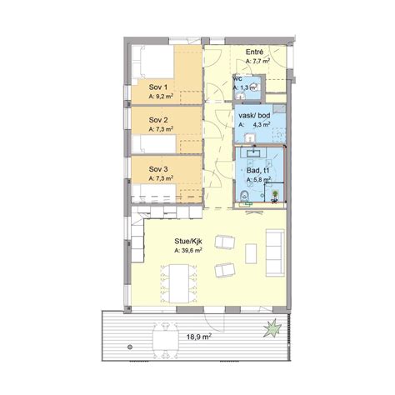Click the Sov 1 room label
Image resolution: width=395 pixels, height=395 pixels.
coord(158,87)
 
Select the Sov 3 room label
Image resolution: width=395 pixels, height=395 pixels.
coord(158,169)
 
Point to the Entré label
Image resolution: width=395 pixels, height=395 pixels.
coord(254,52)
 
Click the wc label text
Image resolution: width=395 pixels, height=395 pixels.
coord(238,78)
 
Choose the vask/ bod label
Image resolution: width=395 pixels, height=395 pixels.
coord(254,115)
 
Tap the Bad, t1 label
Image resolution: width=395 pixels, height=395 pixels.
coord(258,170)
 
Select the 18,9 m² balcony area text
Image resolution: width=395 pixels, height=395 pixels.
coord(198,337)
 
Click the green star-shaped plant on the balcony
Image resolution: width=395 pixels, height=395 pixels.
coord(272,328)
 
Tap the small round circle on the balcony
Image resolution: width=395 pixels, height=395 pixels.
coord(129,347)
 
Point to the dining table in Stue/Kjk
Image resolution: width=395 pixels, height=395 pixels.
coord(179,283)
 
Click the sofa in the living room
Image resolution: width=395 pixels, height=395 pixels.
coord(275,252)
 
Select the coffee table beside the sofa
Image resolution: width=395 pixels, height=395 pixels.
coord(251,253)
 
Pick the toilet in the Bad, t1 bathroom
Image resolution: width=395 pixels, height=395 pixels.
coord(244,196)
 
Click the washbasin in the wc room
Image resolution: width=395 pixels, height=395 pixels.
coord(240,96)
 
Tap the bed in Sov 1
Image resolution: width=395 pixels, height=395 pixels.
coord(153,62)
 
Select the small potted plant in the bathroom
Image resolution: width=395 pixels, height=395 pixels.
coord(275,196)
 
